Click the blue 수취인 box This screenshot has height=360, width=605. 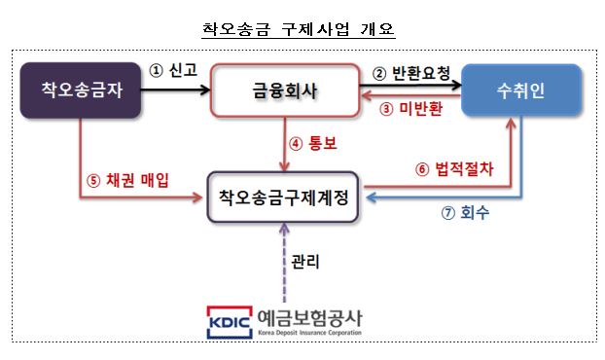(x=522, y=91)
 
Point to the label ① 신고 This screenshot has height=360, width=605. (x=172, y=72)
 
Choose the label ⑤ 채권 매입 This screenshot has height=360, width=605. (x=127, y=180)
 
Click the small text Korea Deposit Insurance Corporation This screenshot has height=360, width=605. (x=309, y=333)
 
